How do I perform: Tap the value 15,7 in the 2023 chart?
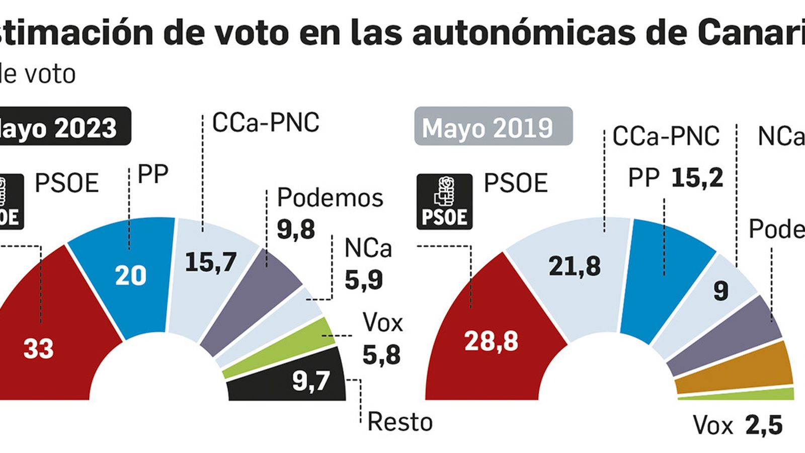(x=211, y=262)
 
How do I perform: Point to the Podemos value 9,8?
(x=296, y=230)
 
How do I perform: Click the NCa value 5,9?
(x=363, y=280)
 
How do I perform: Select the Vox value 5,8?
(x=381, y=355)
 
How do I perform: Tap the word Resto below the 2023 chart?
(x=400, y=422)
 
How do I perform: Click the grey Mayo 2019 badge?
(x=493, y=127)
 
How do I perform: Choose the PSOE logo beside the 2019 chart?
(x=445, y=201)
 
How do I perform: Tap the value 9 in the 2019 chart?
(x=721, y=291)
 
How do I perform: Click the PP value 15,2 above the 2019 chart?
(x=697, y=178)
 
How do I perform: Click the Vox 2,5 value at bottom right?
(x=763, y=426)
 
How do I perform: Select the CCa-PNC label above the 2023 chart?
(x=266, y=122)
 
